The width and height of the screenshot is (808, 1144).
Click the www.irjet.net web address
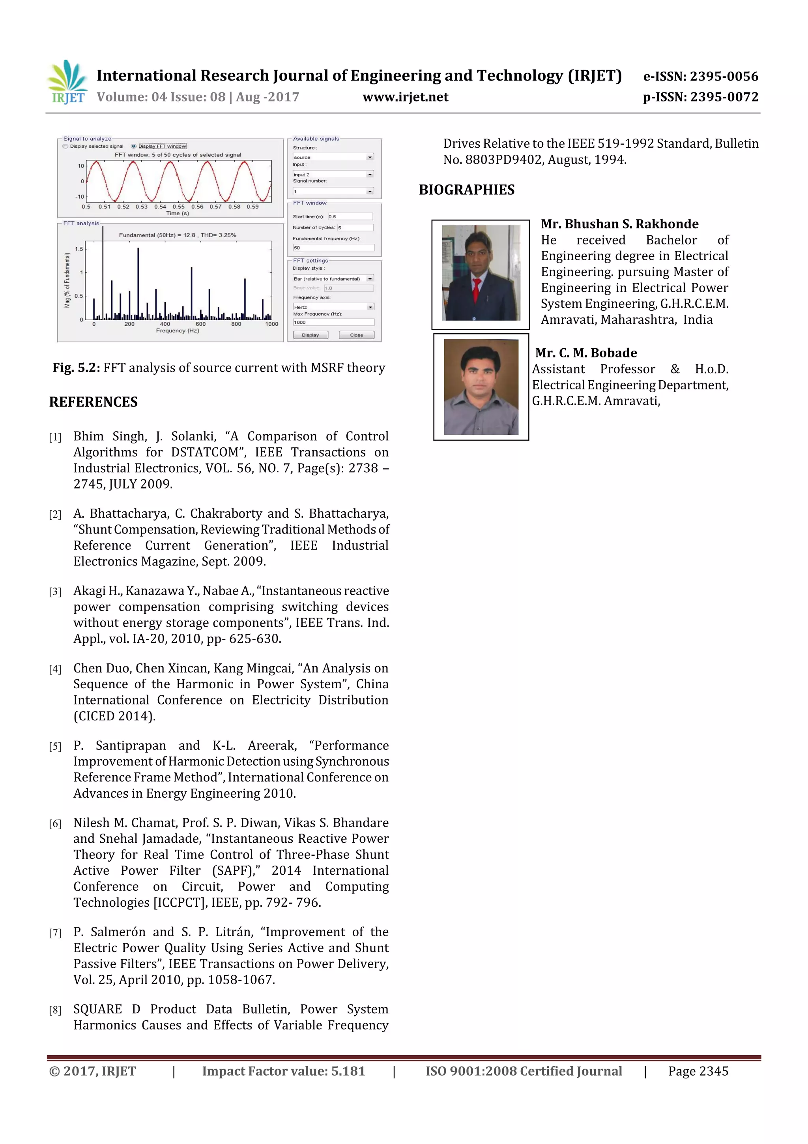[x=405, y=97]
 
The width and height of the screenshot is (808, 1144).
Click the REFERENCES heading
[x=93, y=402]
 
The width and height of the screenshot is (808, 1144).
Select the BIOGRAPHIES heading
[x=466, y=190]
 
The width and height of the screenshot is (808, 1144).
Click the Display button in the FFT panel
[x=310, y=335]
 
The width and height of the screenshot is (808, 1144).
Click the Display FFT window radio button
[x=133, y=147]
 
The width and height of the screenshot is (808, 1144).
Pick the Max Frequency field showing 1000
[x=333, y=322]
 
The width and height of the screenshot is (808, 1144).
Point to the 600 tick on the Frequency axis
[x=200, y=324]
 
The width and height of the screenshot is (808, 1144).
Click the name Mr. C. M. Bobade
[x=586, y=353]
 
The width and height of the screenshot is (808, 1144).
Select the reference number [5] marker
[x=55, y=746]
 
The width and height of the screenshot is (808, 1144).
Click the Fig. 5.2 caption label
[x=76, y=368]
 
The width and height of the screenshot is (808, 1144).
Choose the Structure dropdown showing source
[x=333, y=157]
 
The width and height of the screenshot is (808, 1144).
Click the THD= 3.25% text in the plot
[x=219, y=235]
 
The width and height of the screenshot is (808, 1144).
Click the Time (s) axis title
[x=177, y=213]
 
